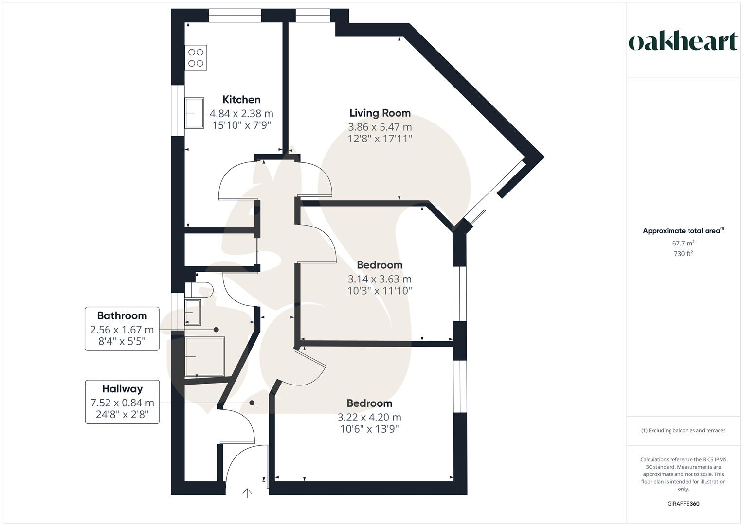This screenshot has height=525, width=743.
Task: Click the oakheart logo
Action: click(683, 42)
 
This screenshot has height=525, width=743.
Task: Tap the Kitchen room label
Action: click(241, 100)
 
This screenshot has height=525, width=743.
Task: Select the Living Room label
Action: click(380, 113)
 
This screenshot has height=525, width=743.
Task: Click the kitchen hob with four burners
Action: click(196, 57)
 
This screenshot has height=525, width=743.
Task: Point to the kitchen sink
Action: click(194, 113)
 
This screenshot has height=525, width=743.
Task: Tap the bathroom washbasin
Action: click(193, 312)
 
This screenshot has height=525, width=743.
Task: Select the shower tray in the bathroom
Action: click(205, 356)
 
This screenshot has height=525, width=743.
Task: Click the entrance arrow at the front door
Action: click(247, 493)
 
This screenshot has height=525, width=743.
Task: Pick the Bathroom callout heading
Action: click(122, 315)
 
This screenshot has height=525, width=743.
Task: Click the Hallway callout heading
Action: click(122, 389)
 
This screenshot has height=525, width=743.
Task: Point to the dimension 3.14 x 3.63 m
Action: click(380, 279)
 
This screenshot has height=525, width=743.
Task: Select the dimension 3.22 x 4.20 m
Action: click(369, 417)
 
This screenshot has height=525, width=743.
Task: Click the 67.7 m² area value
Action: click(683, 243)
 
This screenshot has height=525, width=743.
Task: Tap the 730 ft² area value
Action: click(683, 254)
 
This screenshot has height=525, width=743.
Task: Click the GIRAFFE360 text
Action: click(683, 504)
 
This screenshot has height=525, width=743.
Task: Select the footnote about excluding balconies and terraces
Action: click(683, 430)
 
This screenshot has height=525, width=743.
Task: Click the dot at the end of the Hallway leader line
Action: click(252, 402)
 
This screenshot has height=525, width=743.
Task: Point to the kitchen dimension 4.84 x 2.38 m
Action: click(241, 114)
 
